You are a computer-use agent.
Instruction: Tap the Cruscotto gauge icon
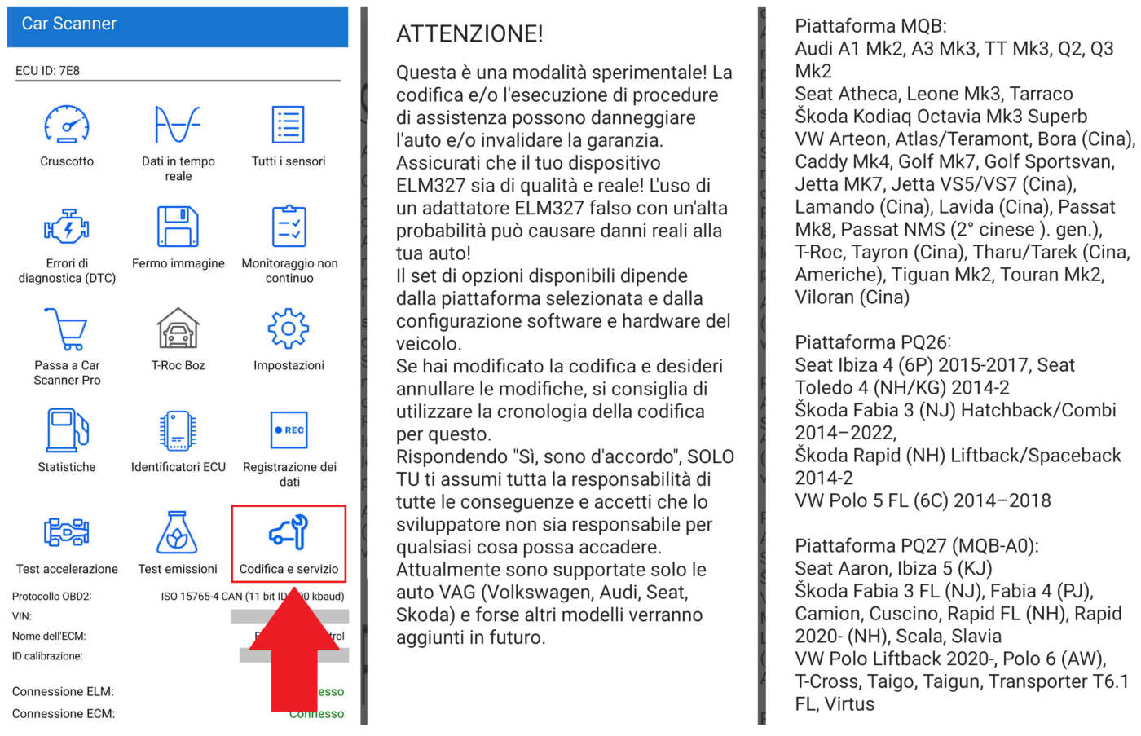[x=67, y=125]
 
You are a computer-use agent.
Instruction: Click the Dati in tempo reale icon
[x=178, y=125]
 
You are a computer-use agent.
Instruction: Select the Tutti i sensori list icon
[x=289, y=125]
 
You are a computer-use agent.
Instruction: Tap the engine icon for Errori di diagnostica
[x=67, y=227]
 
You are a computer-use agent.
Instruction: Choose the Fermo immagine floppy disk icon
[x=178, y=227]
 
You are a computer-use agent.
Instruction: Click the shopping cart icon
[x=67, y=328]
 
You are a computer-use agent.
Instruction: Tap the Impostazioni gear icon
[x=289, y=328]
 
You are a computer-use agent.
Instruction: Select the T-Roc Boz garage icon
[x=178, y=328]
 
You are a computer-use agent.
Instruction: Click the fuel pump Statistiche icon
[x=67, y=430]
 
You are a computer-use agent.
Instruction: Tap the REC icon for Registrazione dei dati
[x=289, y=430]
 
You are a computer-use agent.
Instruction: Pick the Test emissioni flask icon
[x=178, y=532]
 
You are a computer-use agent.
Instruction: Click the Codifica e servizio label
[x=289, y=569]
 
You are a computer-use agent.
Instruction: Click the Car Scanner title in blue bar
[x=69, y=24]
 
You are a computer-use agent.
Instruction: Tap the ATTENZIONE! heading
[x=469, y=34]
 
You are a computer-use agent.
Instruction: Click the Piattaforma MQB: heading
[x=870, y=26]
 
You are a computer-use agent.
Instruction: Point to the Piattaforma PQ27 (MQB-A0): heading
[x=917, y=546]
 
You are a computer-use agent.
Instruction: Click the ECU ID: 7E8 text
[x=48, y=71]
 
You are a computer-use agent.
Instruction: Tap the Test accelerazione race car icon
[x=67, y=532]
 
